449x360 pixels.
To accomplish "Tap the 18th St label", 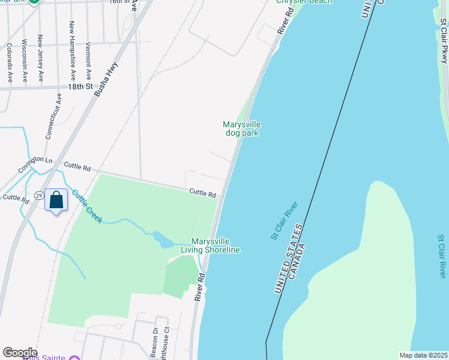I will coord(80,86).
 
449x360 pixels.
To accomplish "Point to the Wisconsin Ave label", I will coord(25,61).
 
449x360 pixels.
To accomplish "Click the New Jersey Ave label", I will coord(41,58).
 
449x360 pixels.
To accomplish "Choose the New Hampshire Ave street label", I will coord(72,51).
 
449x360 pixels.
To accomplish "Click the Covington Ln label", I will coord(35,162).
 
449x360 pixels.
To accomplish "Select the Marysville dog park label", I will coord(242,128).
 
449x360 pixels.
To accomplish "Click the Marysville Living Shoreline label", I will coord(215,245).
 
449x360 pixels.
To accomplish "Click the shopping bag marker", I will coord(56,200).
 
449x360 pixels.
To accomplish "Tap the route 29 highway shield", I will coord(38,196).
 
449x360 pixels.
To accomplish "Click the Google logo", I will coord(20,352).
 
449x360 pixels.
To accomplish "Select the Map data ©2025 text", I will coord(423,355).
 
